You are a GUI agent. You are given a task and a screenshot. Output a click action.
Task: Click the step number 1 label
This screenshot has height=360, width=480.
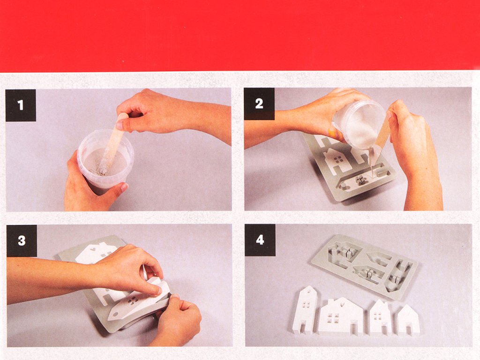click(21, 105)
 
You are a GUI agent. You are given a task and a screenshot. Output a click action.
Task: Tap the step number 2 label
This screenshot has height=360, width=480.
click(259, 104)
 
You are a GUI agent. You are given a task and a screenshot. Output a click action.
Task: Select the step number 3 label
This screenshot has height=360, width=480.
click(22, 240)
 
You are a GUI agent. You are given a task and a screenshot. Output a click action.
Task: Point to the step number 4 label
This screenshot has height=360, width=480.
click(260, 240)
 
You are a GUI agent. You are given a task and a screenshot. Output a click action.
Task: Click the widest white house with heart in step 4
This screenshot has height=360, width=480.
click(340, 316)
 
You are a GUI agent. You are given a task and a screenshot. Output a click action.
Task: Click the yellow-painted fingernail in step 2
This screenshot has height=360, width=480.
click(332, 133)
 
